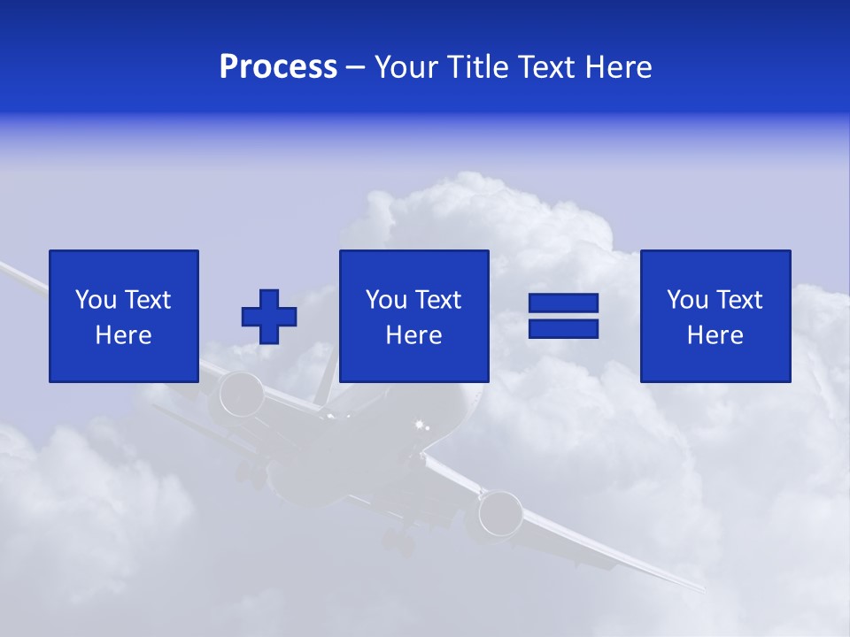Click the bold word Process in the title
pyautogui.click(x=278, y=67)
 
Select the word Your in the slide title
pyautogui.click(x=407, y=67)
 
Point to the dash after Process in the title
pyautogui.click(x=356, y=68)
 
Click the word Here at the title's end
pyautogui.click(x=616, y=67)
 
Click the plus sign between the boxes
pyautogui.click(x=269, y=317)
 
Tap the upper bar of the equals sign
pyautogui.click(x=564, y=303)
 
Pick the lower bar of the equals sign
pyautogui.click(x=564, y=329)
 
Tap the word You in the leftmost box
pyautogui.click(x=96, y=300)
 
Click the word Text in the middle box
pyautogui.click(x=438, y=300)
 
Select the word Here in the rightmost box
pyautogui.click(x=715, y=335)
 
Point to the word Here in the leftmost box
pyautogui.click(x=124, y=335)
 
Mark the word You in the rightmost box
pyautogui.click(x=687, y=300)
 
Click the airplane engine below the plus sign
pyautogui.click(x=242, y=395)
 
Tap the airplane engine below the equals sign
pyautogui.click(x=501, y=513)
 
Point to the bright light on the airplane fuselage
pyautogui.click(x=421, y=427)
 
